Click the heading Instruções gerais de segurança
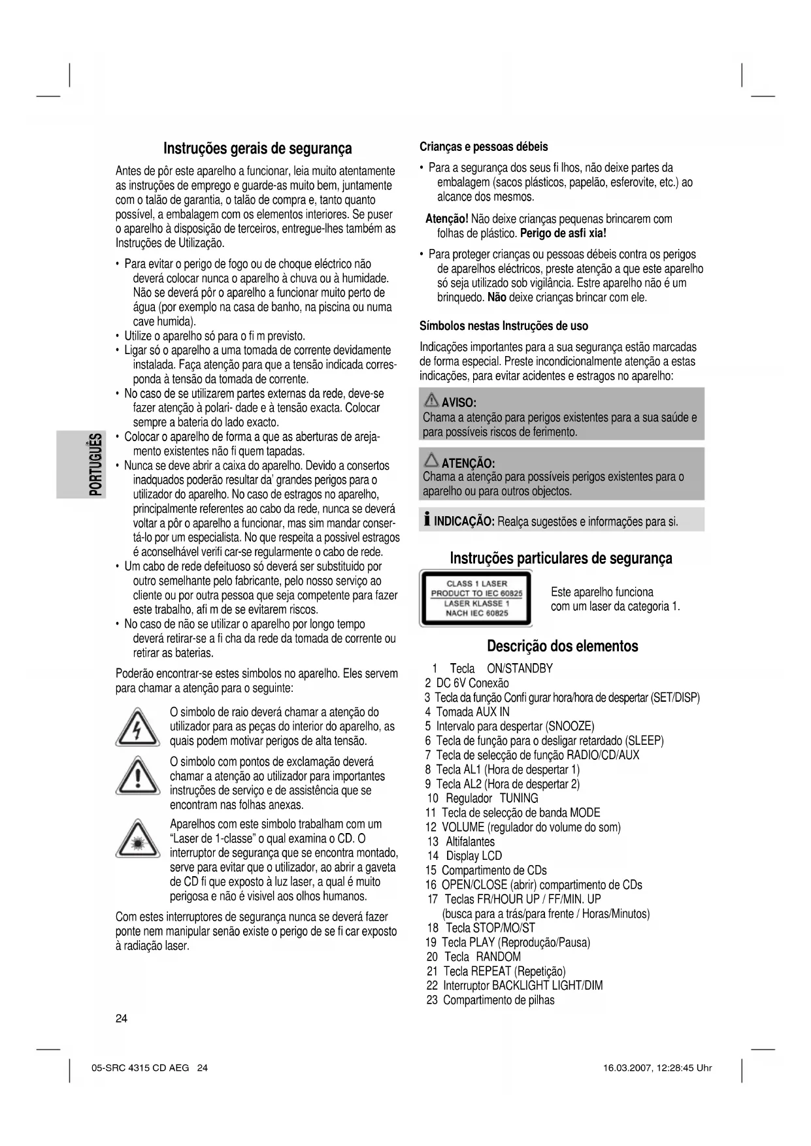(257, 149)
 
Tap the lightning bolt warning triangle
(137, 727)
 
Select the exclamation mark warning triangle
(137, 777)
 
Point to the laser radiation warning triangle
(137, 840)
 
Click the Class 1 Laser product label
(476, 598)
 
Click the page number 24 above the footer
(122, 1019)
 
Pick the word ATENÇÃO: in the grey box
(468, 463)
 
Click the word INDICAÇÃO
(463, 521)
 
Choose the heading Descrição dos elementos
(562, 646)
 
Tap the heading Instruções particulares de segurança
(561, 559)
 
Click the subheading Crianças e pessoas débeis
(484, 147)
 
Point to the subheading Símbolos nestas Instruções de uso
(504, 326)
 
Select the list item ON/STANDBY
(520, 668)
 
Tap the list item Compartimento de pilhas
(498, 1000)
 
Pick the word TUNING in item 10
(519, 798)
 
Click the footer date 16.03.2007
(630, 1068)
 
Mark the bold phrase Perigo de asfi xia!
(563, 233)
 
